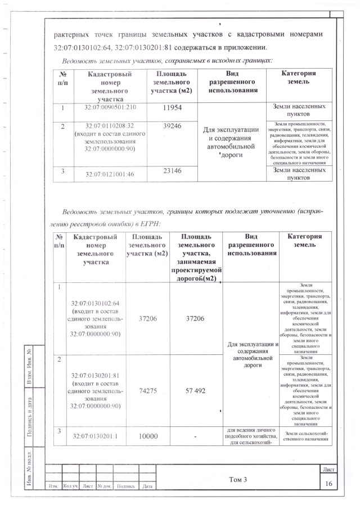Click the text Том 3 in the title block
coord(238,479)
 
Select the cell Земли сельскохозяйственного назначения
coord(307,436)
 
